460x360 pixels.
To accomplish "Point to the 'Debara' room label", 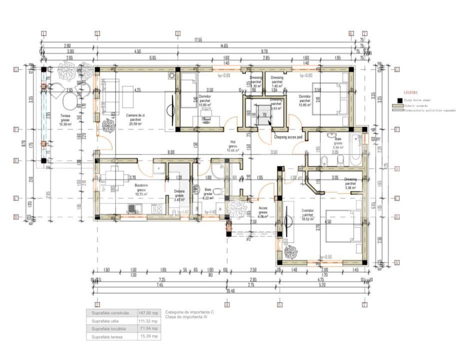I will coord(179,191).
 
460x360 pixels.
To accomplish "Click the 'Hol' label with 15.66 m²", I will coord(231,144).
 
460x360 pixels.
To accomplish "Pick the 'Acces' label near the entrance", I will coord(262,211).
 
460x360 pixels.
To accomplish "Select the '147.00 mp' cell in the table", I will coord(149,313).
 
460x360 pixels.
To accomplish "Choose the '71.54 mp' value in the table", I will coord(149,328).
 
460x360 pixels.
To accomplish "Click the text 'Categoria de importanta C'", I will coord(189,312).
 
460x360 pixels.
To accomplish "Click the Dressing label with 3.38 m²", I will coord(350,182).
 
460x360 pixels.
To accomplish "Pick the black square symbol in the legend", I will coord(398,100).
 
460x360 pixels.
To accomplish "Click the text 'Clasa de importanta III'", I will coord(186,317).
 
